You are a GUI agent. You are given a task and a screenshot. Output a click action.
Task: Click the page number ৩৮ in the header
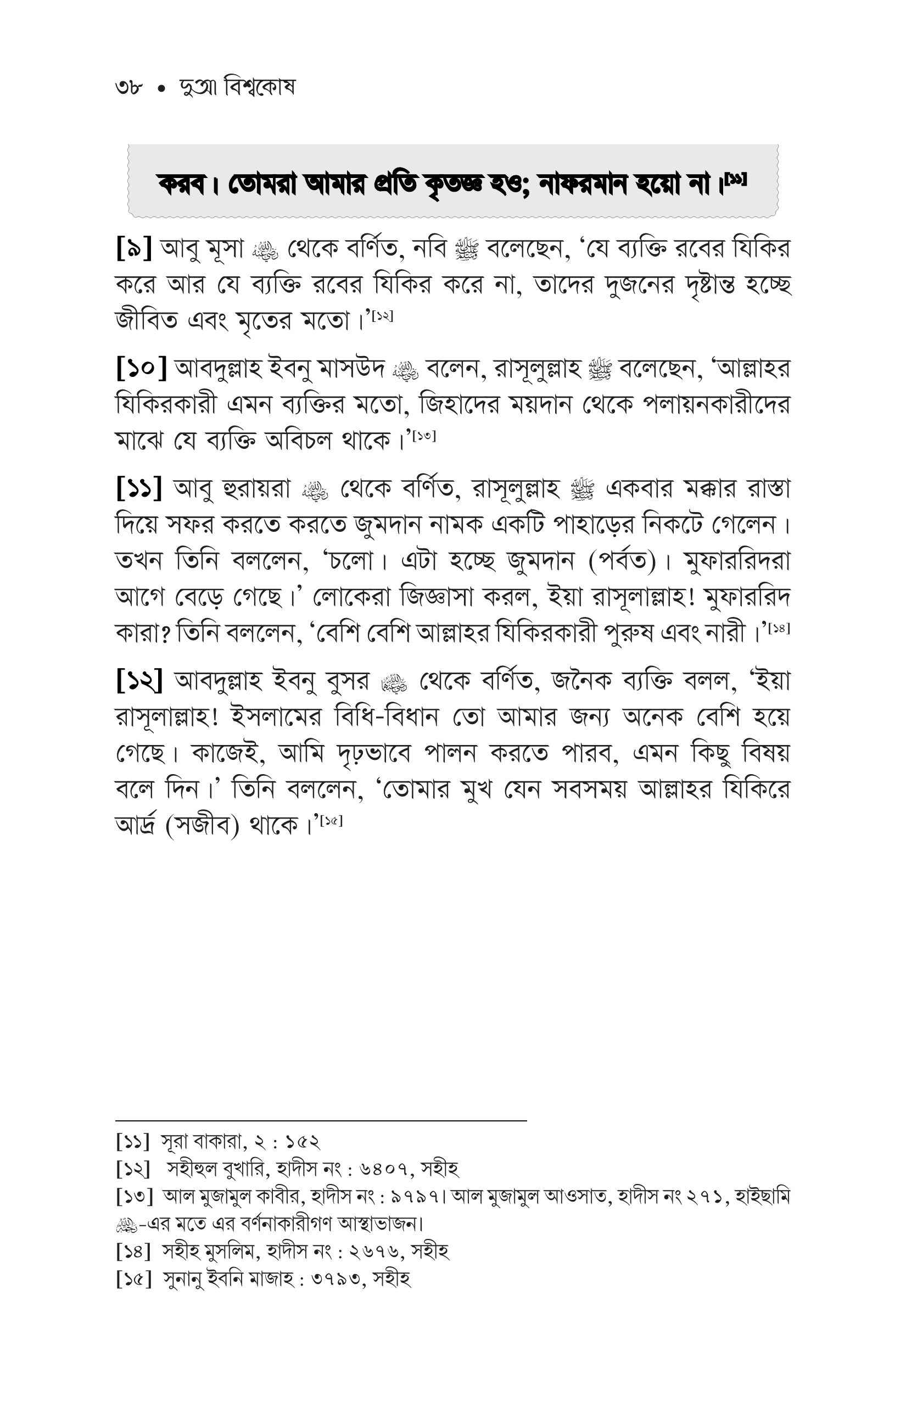pos(129,88)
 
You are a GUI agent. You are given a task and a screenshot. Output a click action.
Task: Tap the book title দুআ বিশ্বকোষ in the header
pos(237,88)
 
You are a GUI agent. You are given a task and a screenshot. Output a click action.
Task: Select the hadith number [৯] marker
pos(134,249)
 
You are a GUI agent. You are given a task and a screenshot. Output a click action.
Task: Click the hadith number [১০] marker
pos(142,369)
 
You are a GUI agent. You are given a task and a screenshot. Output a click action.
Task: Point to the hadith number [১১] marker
pos(139,489)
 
